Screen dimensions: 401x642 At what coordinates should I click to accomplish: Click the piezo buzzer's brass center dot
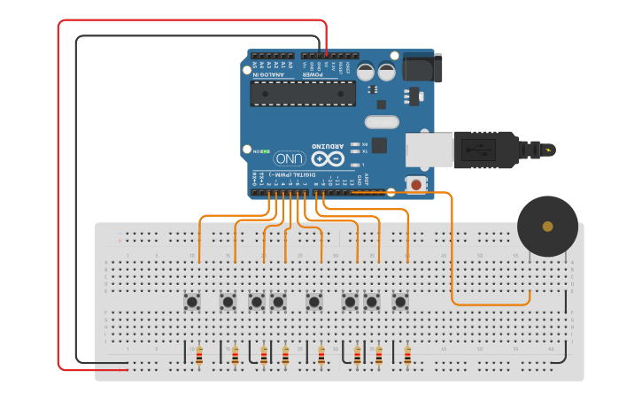click(547, 227)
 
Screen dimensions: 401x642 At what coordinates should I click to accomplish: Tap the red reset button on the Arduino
click(415, 184)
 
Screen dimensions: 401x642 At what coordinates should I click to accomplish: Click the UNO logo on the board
click(290, 158)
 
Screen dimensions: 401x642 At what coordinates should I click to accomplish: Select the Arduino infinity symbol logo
click(327, 158)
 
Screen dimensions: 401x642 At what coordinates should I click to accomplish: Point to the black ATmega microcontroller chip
click(302, 93)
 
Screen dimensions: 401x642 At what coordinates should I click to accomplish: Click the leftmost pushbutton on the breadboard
click(192, 302)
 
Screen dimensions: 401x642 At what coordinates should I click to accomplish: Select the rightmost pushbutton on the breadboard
click(400, 302)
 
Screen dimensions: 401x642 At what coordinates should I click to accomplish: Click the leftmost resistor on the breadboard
click(199, 355)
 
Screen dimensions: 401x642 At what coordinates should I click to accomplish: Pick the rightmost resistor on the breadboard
click(407, 355)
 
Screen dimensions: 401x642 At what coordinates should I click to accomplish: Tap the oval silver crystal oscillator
click(382, 122)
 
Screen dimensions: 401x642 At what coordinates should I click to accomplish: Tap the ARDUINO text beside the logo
click(327, 145)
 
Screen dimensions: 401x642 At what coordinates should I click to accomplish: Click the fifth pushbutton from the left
click(314, 302)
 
